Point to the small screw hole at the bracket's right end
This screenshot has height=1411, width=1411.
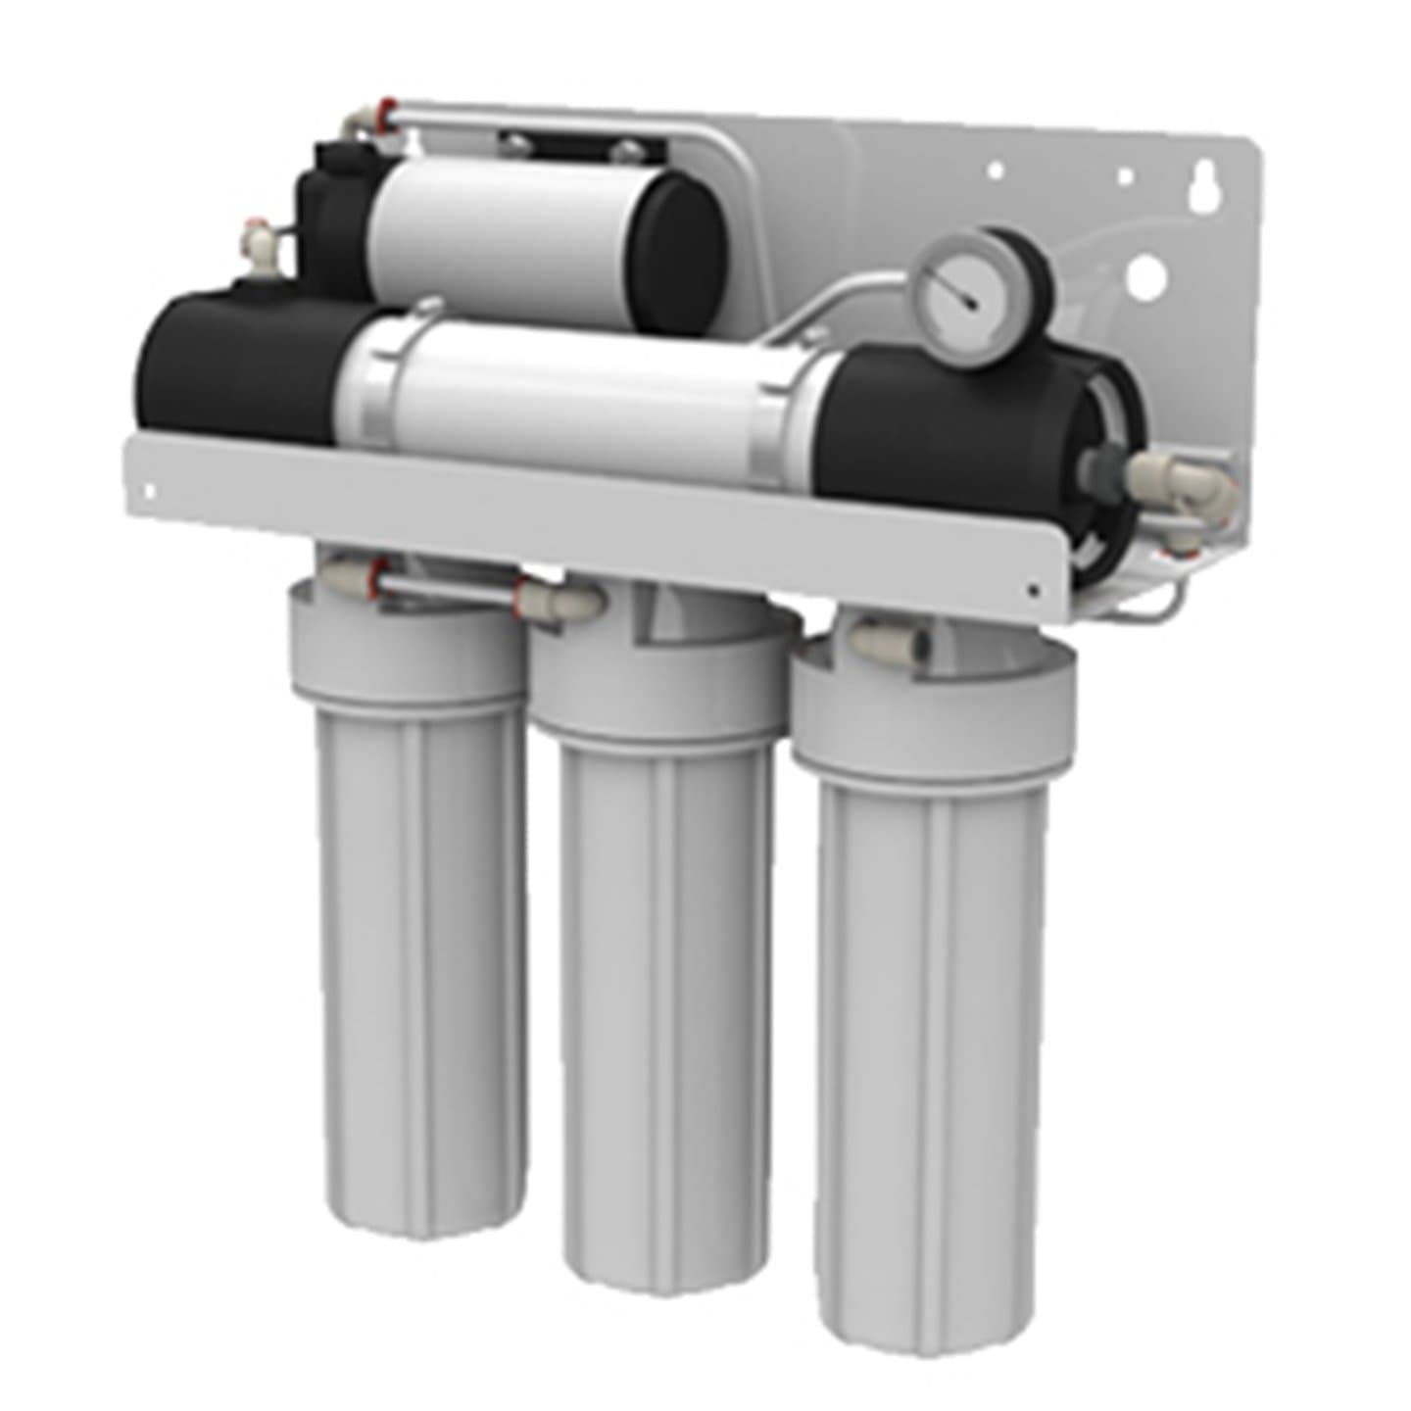tap(1035, 590)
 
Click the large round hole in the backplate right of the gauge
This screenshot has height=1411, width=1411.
tap(1145, 277)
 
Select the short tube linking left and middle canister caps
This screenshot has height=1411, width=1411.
tap(451, 585)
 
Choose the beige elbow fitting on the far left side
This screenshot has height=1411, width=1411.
tap(257, 237)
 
